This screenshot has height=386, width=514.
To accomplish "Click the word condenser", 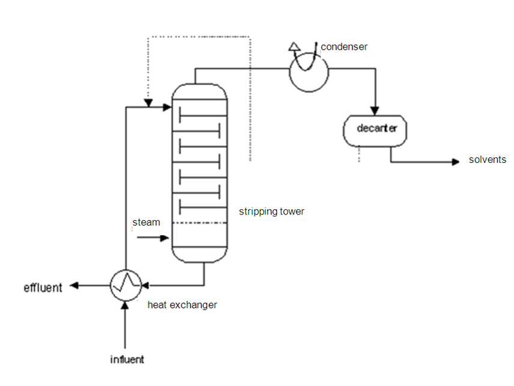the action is [x=344, y=47].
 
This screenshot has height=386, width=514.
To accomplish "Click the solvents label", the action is [x=488, y=159].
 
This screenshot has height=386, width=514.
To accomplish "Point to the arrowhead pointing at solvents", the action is [x=455, y=162].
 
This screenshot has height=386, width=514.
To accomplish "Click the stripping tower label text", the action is [x=271, y=212].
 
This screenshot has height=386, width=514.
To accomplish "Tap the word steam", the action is [x=146, y=222].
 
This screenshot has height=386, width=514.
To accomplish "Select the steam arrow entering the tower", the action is [x=153, y=238].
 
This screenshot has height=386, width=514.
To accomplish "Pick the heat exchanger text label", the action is [x=183, y=305].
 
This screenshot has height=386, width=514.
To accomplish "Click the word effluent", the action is [x=43, y=288].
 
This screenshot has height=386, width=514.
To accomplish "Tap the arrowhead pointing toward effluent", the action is [x=74, y=286].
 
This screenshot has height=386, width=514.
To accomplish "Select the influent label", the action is [x=127, y=360].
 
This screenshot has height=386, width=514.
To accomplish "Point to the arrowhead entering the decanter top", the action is [x=375, y=111].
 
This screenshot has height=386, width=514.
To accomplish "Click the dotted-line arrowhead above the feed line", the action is [x=148, y=103].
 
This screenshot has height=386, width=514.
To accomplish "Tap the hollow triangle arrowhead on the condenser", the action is [x=294, y=47].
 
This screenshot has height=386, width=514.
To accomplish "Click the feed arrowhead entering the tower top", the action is [x=167, y=107].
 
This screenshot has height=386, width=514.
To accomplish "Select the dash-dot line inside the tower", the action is [x=199, y=223].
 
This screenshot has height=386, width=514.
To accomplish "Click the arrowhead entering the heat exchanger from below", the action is [x=125, y=305].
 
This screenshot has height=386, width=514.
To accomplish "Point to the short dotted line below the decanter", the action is [x=359, y=155].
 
